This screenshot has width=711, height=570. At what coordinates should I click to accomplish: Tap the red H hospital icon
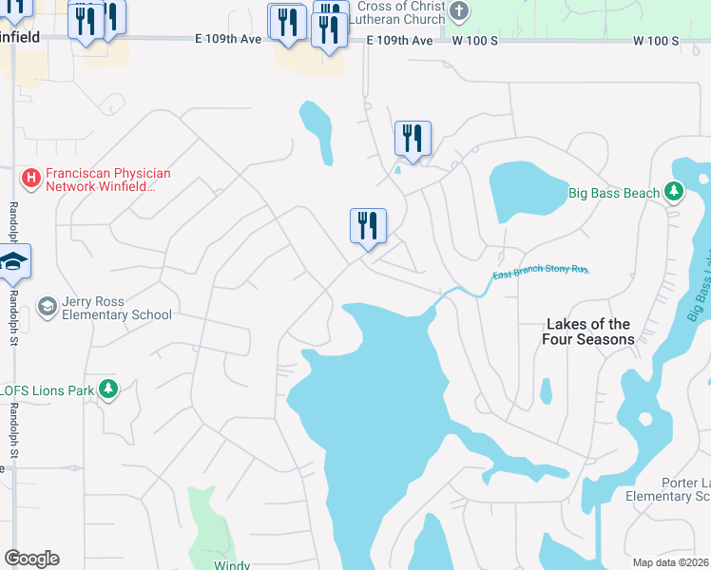click(x=30, y=178)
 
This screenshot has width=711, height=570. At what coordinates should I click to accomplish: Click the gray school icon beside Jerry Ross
click(x=46, y=306)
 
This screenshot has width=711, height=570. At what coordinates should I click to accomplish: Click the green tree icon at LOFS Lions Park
click(x=109, y=389)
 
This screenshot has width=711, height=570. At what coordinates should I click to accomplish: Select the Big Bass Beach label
click(x=613, y=193)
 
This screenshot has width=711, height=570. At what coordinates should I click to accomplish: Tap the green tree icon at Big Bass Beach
click(x=674, y=193)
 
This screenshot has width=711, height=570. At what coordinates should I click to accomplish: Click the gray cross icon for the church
click(x=459, y=12)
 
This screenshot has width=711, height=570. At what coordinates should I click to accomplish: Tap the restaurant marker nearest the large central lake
click(x=368, y=227)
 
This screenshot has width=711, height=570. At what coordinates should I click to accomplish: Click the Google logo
click(x=31, y=559)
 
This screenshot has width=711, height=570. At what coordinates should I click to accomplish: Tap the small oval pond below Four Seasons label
click(x=546, y=390)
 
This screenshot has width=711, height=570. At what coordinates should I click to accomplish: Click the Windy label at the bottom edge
click(x=231, y=565)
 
